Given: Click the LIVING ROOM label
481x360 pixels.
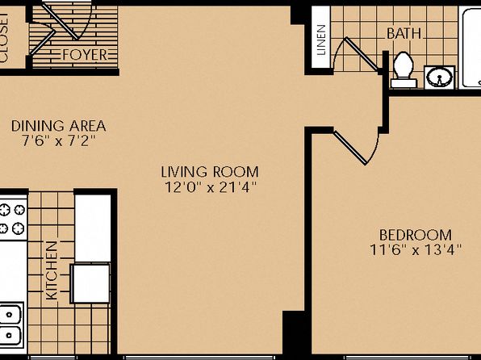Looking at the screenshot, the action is [x=210, y=172].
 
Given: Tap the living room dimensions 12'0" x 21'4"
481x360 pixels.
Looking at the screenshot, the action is [x=211, y=187].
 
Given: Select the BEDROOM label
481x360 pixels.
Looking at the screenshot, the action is [x=416, y=235].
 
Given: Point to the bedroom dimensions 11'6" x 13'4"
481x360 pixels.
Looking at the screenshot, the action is [x=416, y=250].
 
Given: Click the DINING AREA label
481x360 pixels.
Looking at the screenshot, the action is [x=59, y=126].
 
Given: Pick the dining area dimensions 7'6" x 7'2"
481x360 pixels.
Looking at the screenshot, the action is [x=59, y=141].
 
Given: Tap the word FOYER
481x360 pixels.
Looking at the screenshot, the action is [x=85, y=55].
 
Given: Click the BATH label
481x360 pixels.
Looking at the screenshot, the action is [x=404, y=33].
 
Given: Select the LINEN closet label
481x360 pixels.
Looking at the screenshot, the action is [x=321, y=40].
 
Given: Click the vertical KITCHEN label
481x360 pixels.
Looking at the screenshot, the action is [x=52, y=270].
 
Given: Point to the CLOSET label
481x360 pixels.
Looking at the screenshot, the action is [x=4, y=37].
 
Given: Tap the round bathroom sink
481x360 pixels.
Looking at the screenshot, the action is [x=439, y=77].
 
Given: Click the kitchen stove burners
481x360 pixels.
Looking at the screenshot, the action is [x=12, y=219].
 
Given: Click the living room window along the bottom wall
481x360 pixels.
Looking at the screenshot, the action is [x=199, y=358].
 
